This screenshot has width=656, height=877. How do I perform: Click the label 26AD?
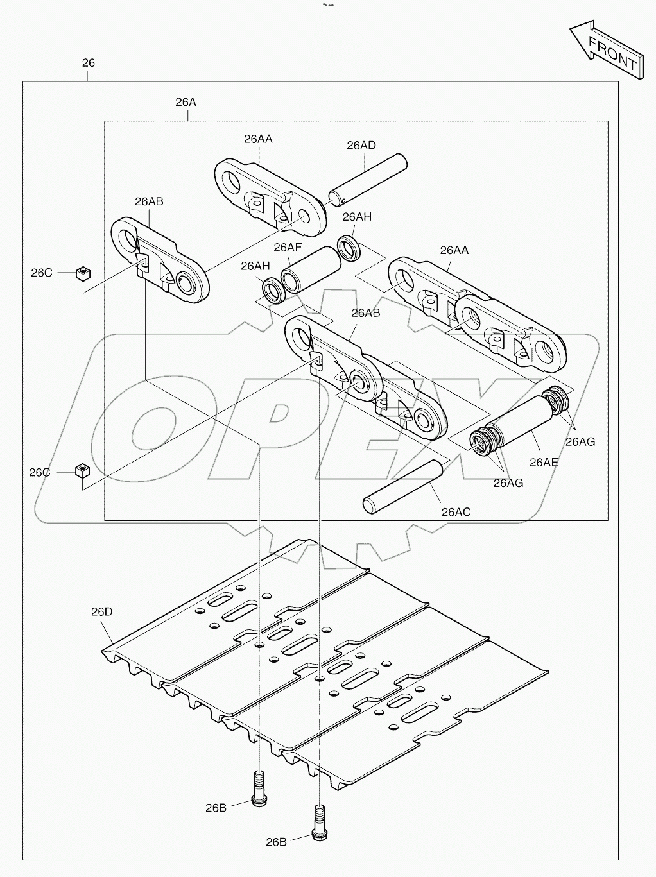361,146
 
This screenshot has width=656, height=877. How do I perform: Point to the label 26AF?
288,247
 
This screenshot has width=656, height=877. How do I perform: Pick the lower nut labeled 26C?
82,472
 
